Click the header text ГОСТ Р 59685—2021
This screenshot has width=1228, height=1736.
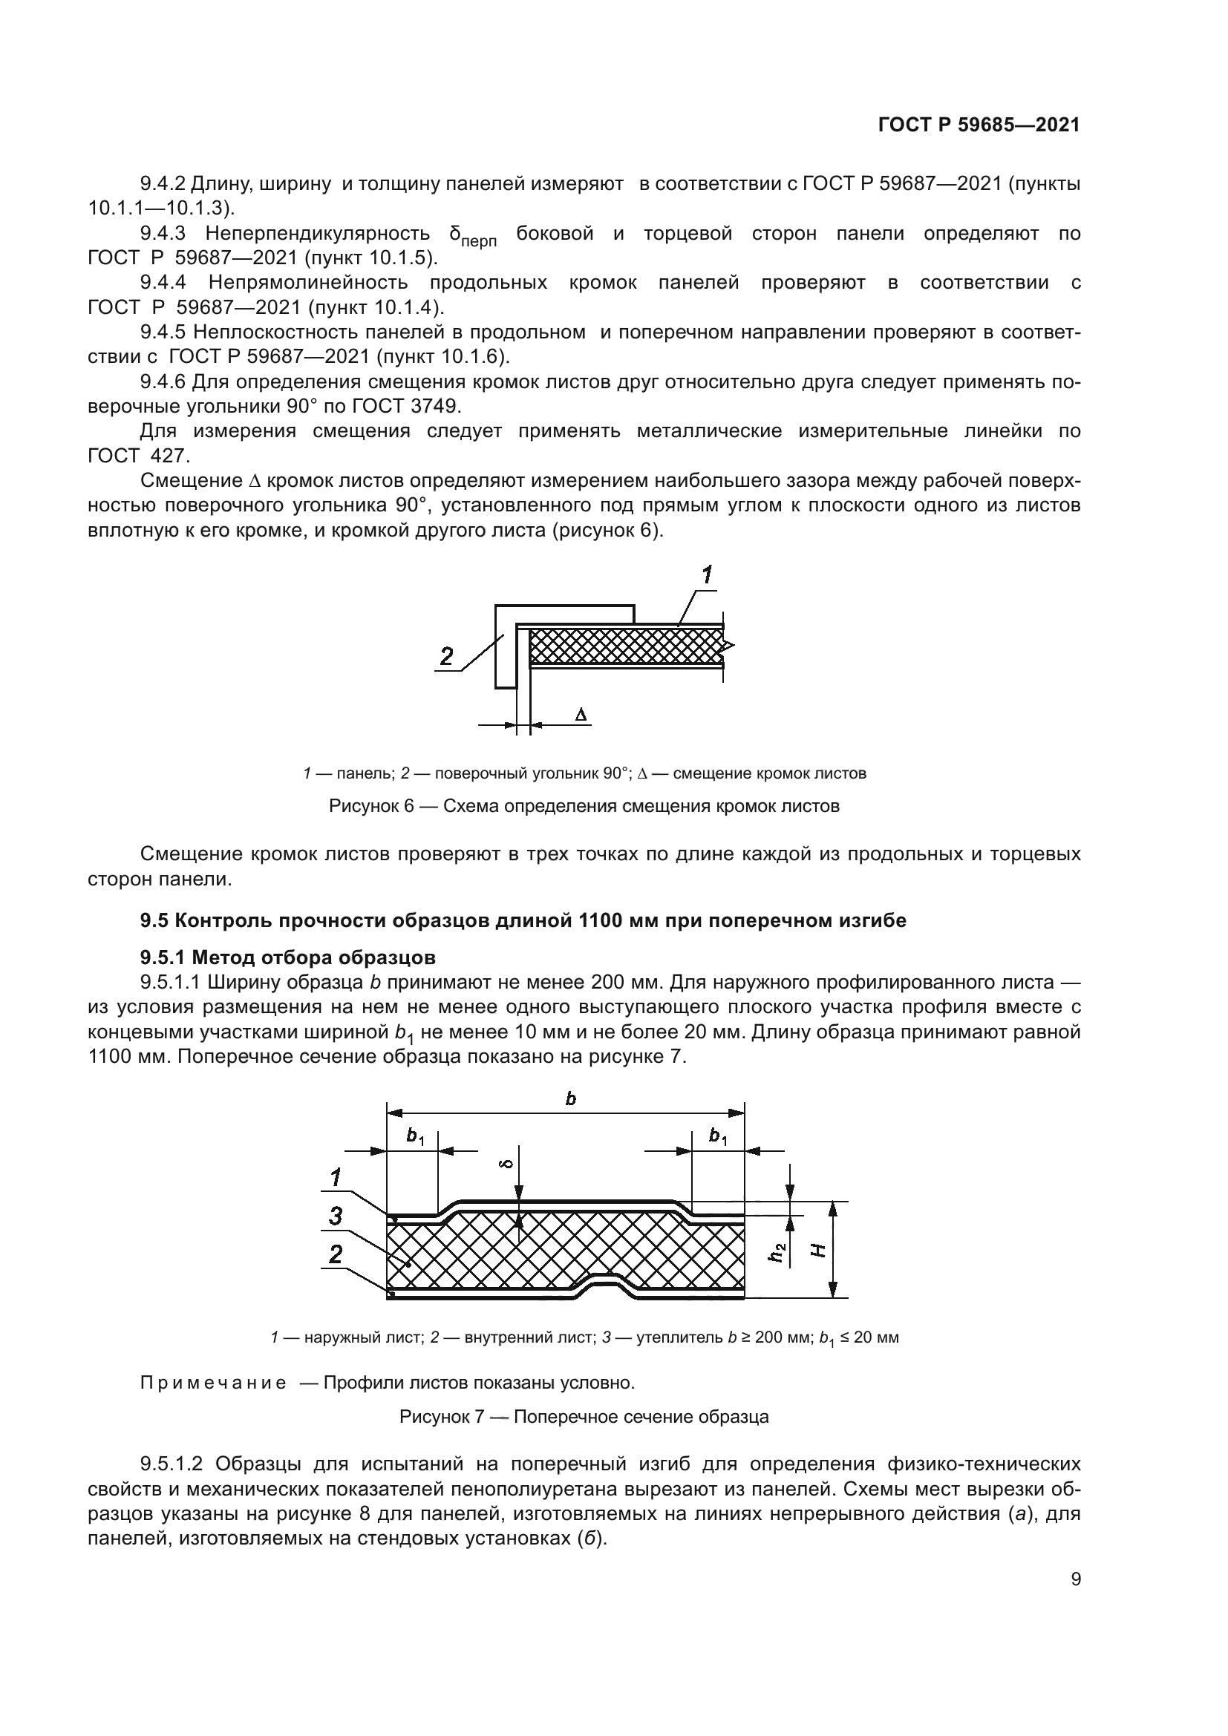tap(979, 125)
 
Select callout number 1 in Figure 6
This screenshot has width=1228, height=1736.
tap(706, 576)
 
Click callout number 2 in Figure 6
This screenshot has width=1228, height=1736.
tap(447, 655)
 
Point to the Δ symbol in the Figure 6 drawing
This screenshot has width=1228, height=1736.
tap(581, 714)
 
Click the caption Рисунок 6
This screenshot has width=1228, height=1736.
tap(584, 806)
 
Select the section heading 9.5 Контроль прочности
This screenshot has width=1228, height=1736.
tap(523, 920)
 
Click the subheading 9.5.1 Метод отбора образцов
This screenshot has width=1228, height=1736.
tap(288, 957)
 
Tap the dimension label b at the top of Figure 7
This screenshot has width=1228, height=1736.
tap(570, 1098)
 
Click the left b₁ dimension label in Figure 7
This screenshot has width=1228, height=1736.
tap(415, 1136)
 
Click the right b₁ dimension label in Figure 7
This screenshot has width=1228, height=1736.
tap(718, 1136)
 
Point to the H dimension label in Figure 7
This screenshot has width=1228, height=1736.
tap(817, 1251)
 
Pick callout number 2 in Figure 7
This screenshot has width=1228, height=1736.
tap(336, 1254)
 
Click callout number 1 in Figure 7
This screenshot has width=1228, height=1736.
tap(336, 1177)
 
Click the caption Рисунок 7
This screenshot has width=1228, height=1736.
tap(584, 1417)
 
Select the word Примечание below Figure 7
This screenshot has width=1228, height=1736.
tap(213, 1383)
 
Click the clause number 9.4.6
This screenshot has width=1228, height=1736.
tap(163, 381)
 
